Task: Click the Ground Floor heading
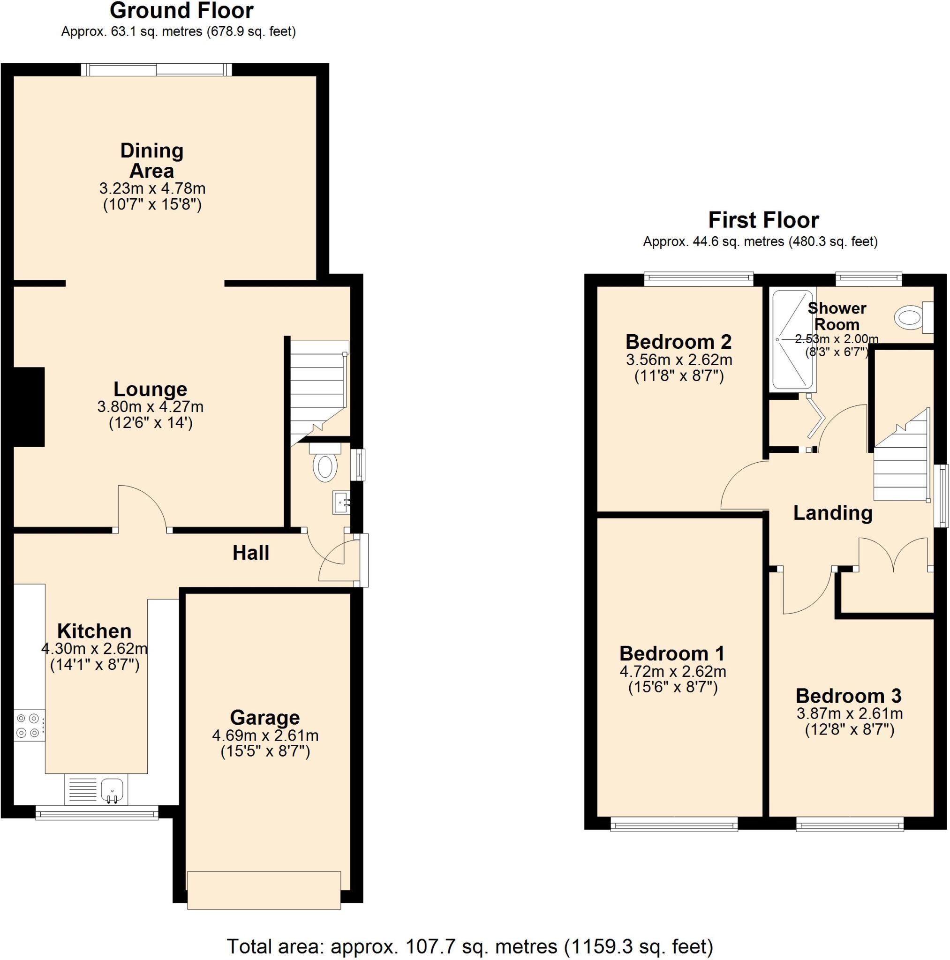coord(181,10)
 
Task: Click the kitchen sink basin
coord(113,789)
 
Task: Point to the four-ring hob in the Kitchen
coord(28,726)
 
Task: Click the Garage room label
coord(264,718)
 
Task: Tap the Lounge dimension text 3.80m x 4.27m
coord(150,406)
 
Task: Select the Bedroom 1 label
coord(672,653)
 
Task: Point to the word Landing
coord(832,513)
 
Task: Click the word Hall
coord(250,553)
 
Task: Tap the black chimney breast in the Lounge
coord(29,407)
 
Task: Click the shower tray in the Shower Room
coord(793,340)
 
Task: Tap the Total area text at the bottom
coord(470,946)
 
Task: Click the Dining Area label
coord(151,160)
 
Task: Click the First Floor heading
coord(763,220)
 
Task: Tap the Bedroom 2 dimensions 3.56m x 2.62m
coord(679,359)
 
